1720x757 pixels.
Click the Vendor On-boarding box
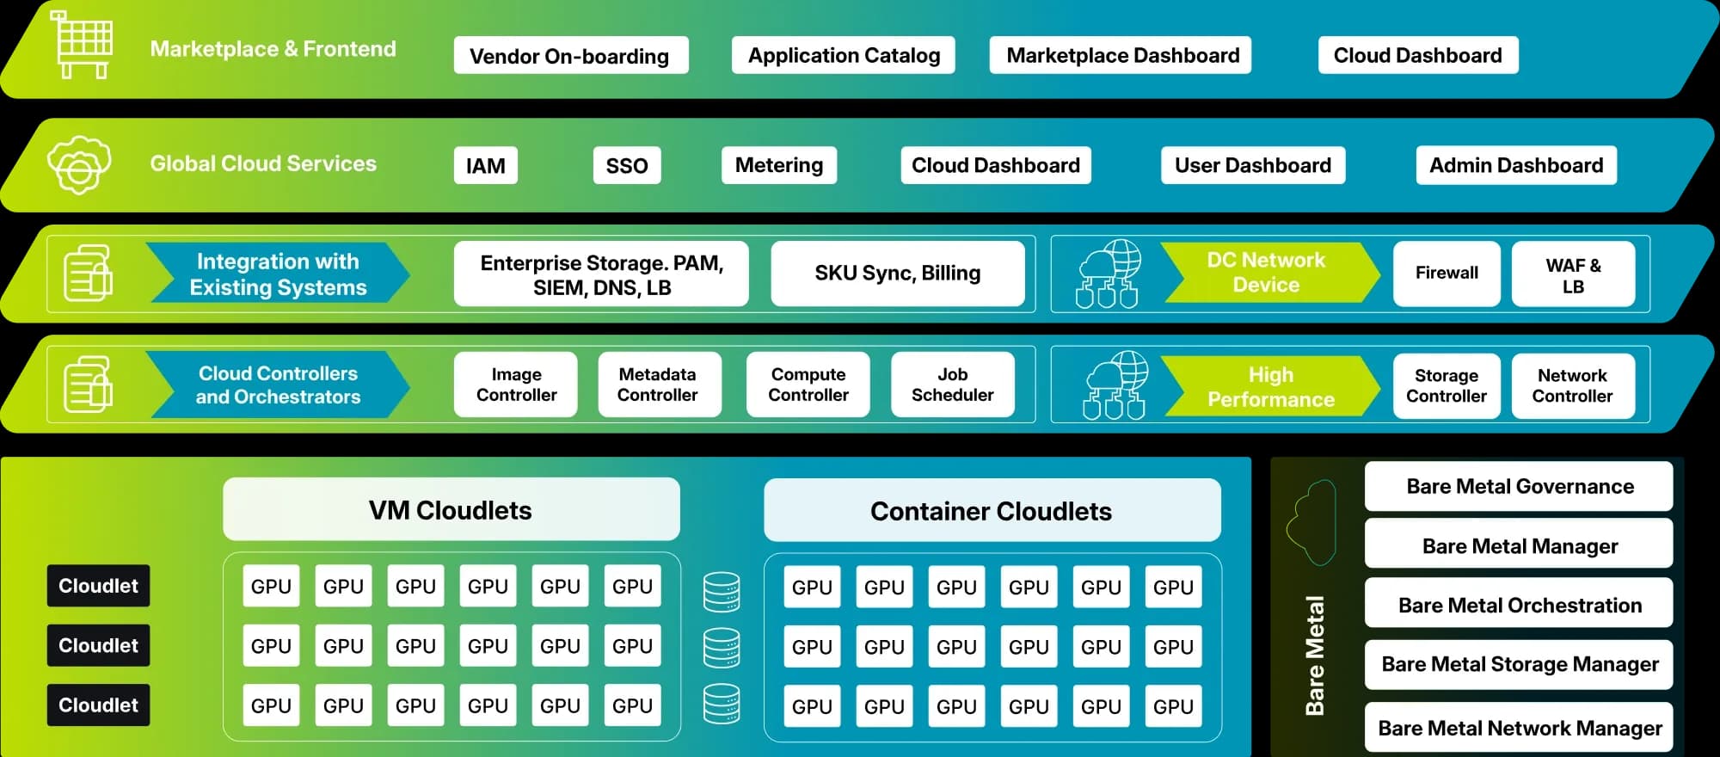(x=570, y=56)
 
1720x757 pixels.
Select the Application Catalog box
(x=843, y=56)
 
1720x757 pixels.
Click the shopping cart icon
(x=83, y=45)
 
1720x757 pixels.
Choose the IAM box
(x=485, y=165)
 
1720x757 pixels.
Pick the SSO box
(x=626, y=165)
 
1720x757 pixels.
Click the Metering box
(x=778, y=165)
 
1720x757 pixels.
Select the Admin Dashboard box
(x=1515, y=165)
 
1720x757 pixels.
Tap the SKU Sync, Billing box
(x=897, y=274)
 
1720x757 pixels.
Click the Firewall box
(x=1446, y=274)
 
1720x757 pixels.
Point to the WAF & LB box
(x=1572, y=275)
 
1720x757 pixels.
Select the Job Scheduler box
(x=952, y=385)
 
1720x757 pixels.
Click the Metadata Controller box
(x=658, y=385)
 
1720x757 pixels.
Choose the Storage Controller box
(x=1446, y=385)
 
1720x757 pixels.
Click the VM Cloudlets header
(x=451, y=510)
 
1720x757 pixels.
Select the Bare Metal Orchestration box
(x=1519, y=605)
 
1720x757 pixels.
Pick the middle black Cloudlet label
(x=98, y=645)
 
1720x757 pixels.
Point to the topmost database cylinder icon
(x=721, y=592)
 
